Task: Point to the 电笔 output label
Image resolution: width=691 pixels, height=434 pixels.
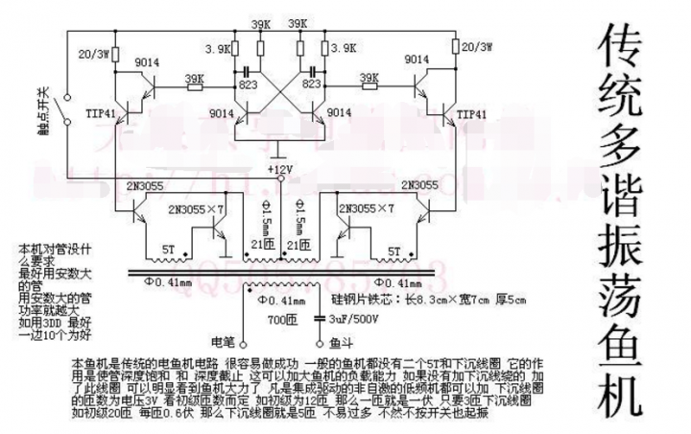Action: [222, 341]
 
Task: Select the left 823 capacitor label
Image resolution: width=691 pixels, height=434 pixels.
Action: [247, 84]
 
